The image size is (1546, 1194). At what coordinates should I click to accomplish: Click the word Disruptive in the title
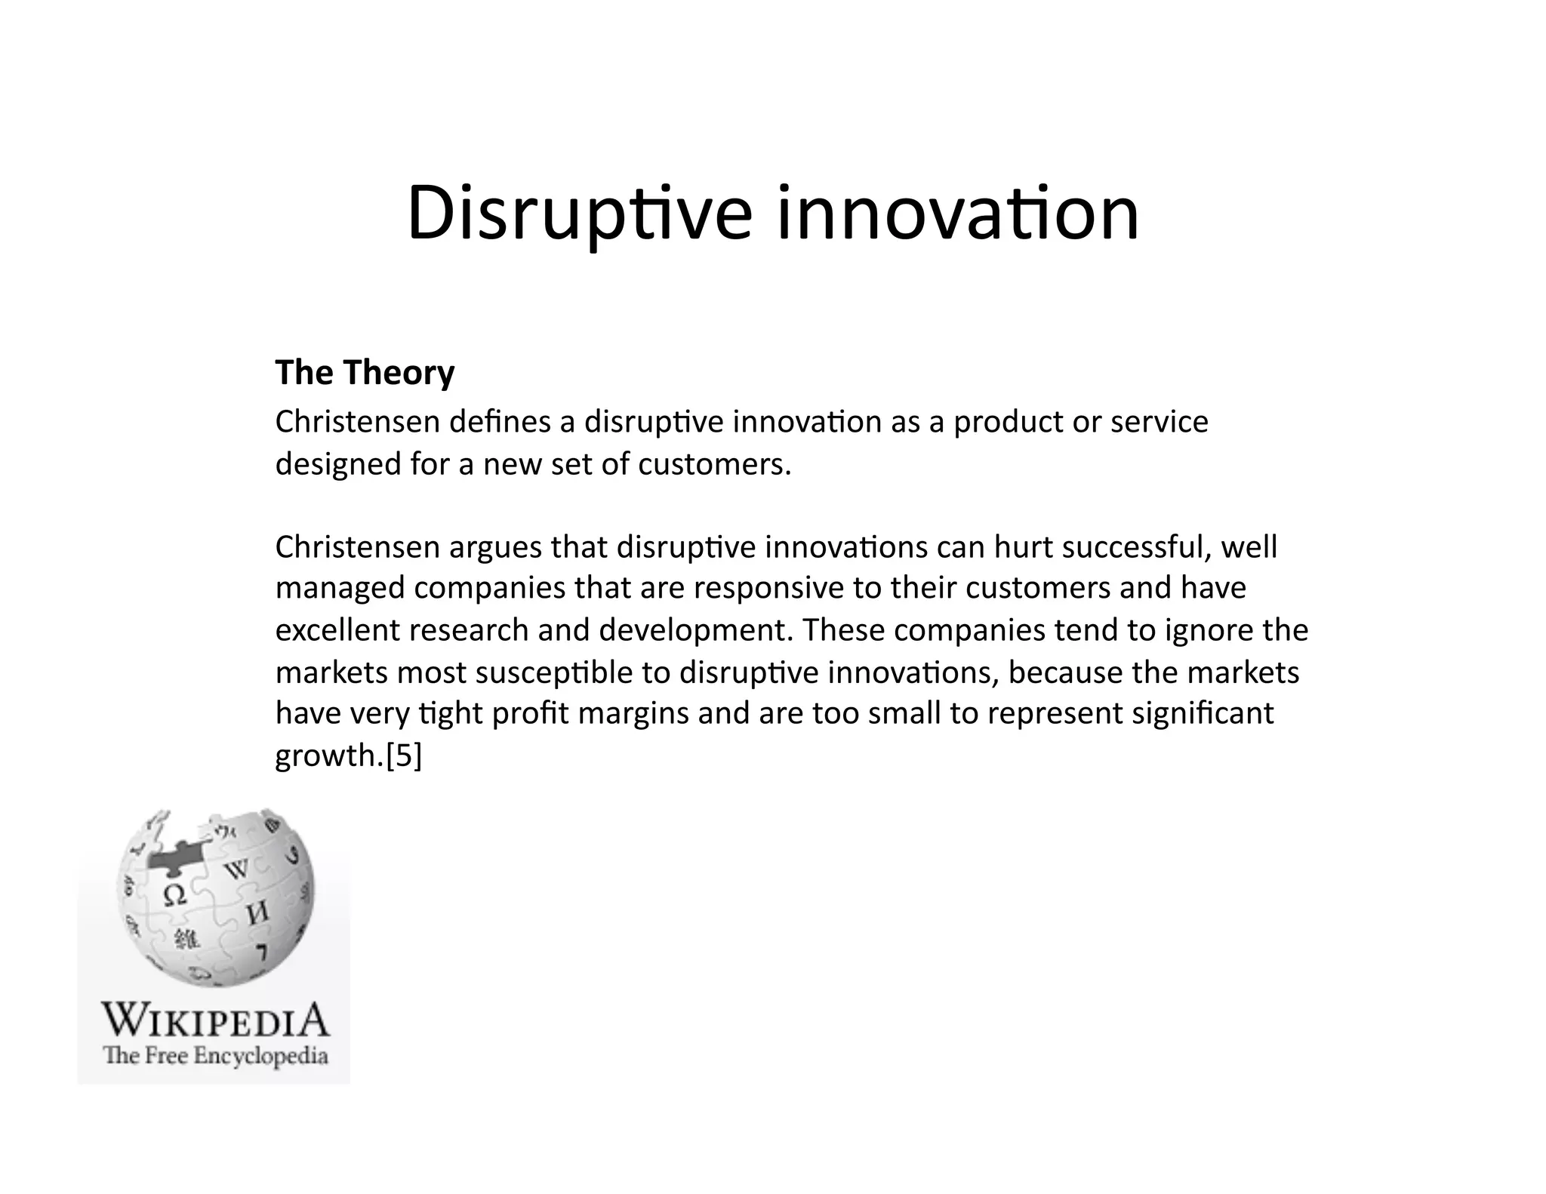[579, 214]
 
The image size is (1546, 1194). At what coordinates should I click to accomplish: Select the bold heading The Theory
[365, 373]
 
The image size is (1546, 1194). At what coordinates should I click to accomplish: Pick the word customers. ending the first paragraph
[714, 464]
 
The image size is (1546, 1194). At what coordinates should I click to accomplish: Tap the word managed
[340, 588]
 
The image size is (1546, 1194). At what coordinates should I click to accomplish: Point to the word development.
[696, 630]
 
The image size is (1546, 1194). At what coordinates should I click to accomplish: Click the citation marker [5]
[404, 755]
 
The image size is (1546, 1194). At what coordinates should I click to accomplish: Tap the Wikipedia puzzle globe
[215, 898]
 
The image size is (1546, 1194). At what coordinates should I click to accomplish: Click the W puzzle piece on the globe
[237, 870]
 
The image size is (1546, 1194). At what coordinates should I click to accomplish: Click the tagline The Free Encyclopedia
[215, 1055]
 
